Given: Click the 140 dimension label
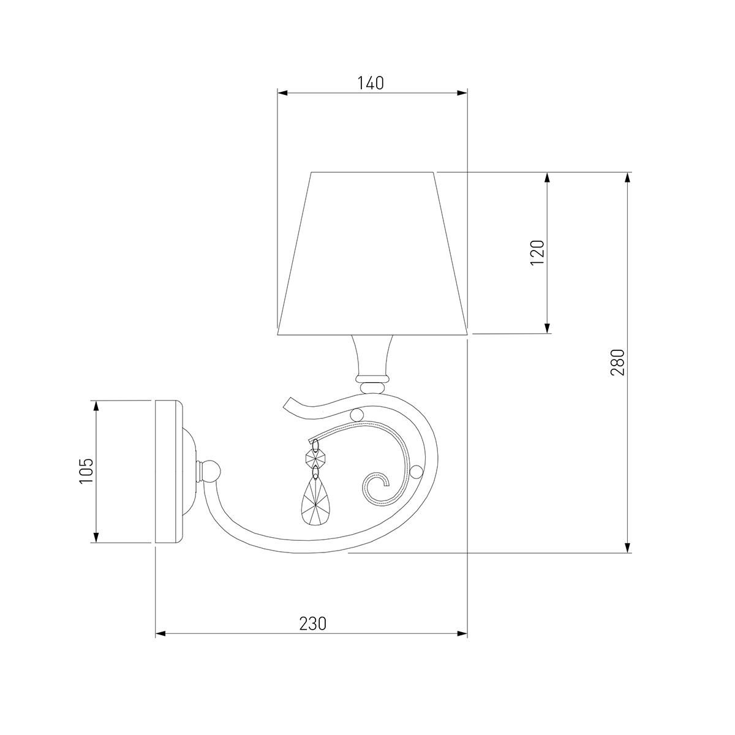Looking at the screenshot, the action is click(x=371, y=83).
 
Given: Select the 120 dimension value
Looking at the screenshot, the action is click(x=537, y=253).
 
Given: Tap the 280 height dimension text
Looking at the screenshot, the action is click(x=618, y=363).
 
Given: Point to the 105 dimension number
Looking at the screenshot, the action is click(x=86, y=470).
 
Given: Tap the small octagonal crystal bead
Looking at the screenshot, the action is click(x=316, y=458).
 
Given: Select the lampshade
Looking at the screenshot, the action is click(x=372, y=254).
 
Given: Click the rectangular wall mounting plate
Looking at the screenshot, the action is click(x=169, y=471).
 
